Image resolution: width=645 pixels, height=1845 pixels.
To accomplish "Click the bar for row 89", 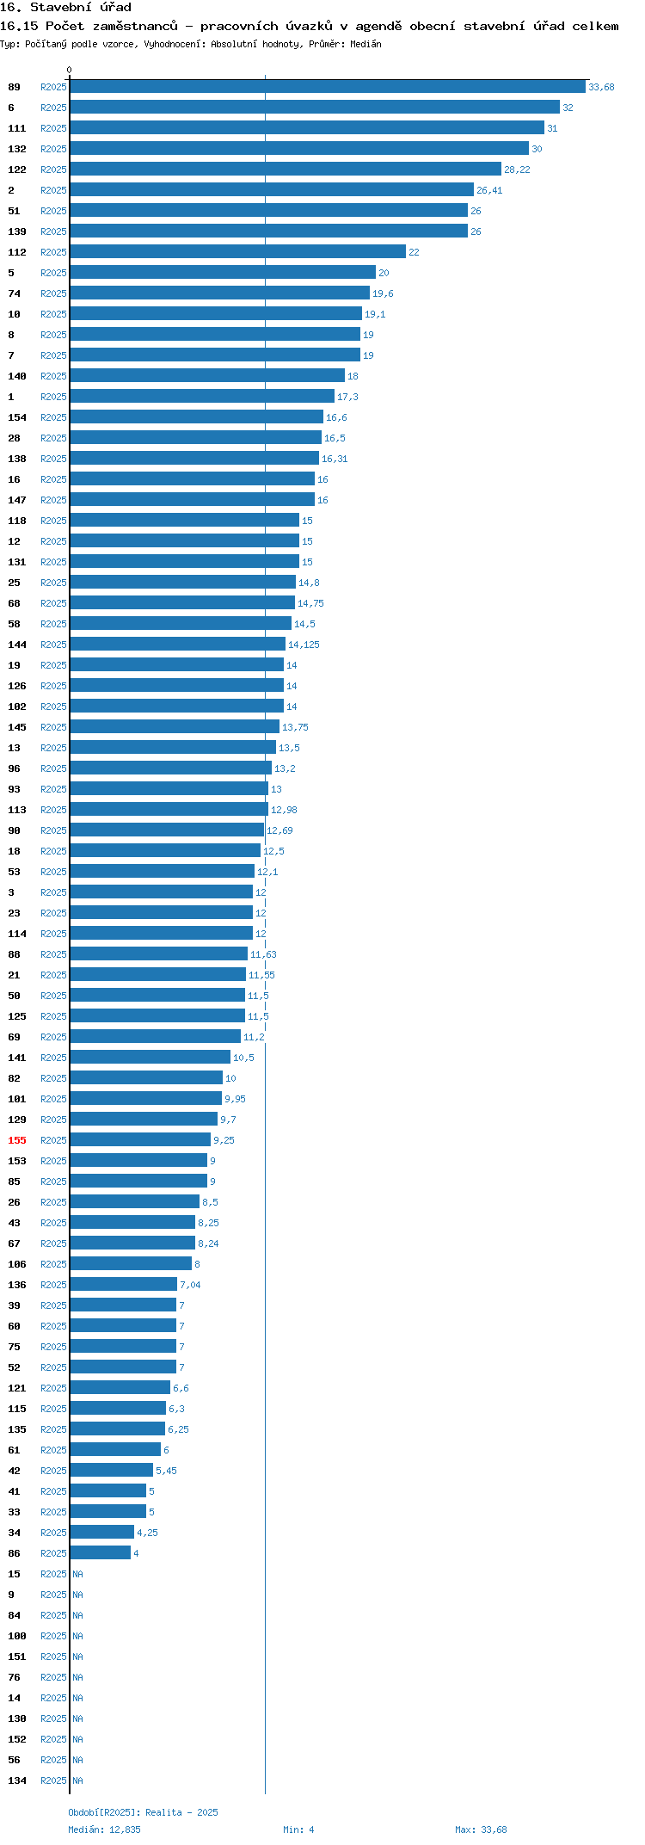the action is pos(328,86).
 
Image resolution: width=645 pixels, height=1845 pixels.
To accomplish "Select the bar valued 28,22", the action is pos(286,169).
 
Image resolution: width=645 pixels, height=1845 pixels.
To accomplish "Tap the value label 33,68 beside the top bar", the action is pos(601,87).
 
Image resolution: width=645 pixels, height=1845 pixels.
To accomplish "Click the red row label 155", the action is pos(17,1140).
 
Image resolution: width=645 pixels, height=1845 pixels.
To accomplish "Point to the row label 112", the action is pos(17,252).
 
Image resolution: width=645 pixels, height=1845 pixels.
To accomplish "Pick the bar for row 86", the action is pos(101,1552).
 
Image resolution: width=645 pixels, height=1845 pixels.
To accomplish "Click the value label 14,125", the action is pos(304,645).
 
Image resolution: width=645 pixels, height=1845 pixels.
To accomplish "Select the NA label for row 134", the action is pos(77,1780).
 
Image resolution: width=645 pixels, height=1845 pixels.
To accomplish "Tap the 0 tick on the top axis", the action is pos(70,70).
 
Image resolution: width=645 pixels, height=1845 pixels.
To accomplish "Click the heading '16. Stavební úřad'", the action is pos(66,8).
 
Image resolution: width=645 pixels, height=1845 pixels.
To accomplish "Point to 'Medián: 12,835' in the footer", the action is pos(104,1830).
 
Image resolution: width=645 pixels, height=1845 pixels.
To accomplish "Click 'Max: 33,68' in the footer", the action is pos(481,1830).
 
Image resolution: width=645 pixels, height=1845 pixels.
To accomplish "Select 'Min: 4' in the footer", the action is pos(298,1830).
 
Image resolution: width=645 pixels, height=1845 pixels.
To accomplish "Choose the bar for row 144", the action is pos(178,644).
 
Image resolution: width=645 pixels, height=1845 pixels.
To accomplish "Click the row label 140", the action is pos(17,376).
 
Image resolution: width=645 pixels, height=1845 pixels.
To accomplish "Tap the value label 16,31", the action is pos(335,459).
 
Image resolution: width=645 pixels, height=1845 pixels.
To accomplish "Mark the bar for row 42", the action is pos(112,1470).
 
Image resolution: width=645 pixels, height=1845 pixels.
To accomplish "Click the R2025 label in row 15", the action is pos(53,1574).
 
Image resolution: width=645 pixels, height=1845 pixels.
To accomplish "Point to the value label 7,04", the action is pos(190,1285).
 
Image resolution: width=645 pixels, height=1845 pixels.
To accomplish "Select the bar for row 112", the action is pos(238,251).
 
